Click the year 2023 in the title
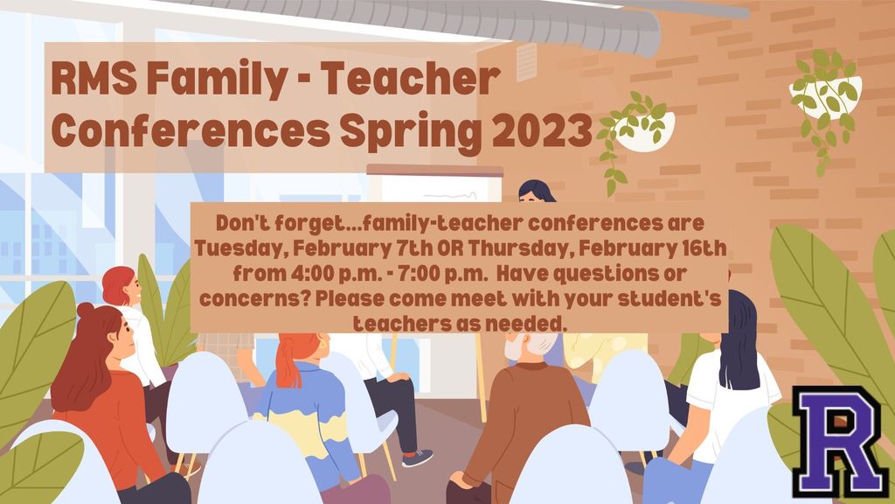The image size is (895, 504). pyautogui.click(x=542, y=131)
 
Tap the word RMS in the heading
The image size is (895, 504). pyautogui.click(x=94, y=78)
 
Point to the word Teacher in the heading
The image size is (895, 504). pyautogui.click(x=410, y=78)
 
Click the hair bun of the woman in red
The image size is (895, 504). pyautogui.click(x=86, y=311)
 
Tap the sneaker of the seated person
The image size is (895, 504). pyautogui.click(x=417, y=457)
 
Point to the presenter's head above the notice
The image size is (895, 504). pyautogui.click(x=536, y=191)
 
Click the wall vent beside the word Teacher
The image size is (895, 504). pyautogui.click(x=526, y=62)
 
